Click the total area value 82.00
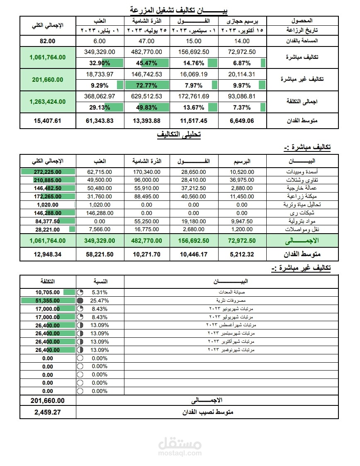click(48, 41)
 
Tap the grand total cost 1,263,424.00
click(48, 101)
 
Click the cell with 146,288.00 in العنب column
click(100, 212)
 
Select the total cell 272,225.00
click(48, 172)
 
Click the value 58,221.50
click(100, 254)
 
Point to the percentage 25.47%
click(100, 300)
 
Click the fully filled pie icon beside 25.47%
click(80, 300)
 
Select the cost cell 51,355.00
click(48, 300)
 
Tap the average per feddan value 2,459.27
click(48, 412)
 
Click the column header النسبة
click(100, 281)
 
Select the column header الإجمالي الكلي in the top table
click(48, 25)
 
